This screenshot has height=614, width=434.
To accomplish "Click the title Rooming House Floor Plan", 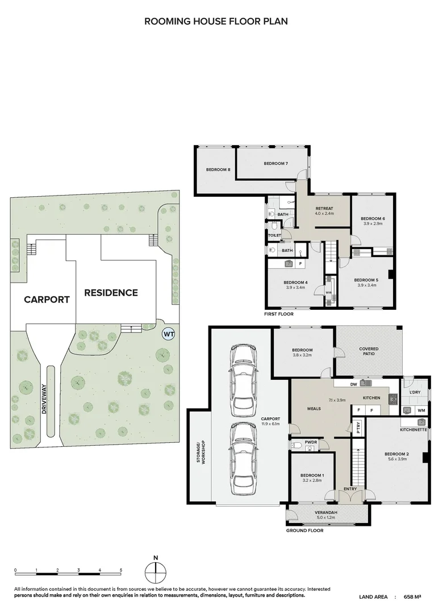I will (216, 22).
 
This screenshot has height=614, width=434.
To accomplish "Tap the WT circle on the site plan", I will (169, 334).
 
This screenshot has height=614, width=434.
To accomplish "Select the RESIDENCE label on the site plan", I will (111, 293).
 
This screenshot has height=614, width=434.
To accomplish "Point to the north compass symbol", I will (155, 570).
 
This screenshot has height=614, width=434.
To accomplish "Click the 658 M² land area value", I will (412, 597).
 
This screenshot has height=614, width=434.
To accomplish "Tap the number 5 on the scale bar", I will (120, 570).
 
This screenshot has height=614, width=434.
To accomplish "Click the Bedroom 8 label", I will (218, 169).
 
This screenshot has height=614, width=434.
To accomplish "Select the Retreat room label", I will (324, 209).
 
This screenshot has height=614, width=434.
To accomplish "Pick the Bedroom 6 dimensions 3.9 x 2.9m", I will (373, 225).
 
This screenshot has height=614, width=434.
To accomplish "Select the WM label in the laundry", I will (421, 410).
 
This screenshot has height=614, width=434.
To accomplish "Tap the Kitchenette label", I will (413, 430).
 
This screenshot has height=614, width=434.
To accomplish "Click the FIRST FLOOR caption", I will (278, 314).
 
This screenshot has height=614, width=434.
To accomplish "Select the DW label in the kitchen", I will (353, 384).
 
